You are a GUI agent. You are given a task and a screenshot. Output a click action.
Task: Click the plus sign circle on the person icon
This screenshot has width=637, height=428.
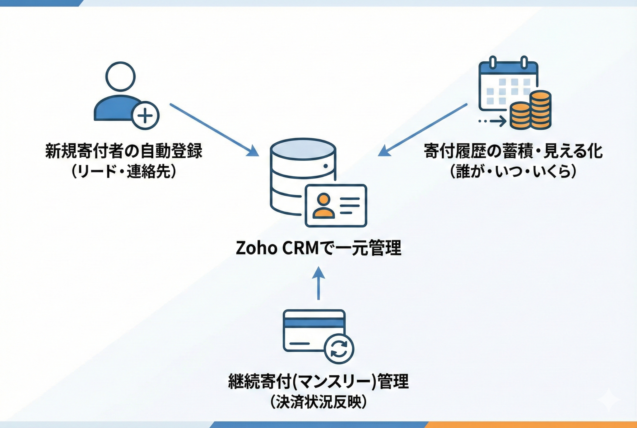145,116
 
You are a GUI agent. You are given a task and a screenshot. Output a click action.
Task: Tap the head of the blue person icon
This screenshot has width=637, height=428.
120,77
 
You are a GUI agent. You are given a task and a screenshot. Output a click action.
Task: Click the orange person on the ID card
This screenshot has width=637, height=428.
323,206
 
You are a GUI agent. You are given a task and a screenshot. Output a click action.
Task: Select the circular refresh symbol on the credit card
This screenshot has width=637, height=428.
339,349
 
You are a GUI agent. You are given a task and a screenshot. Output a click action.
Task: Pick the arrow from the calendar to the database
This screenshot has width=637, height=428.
423,129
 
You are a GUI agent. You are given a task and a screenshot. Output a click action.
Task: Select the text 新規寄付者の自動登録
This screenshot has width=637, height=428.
124,151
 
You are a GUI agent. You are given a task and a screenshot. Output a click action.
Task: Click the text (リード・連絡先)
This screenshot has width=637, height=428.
124,171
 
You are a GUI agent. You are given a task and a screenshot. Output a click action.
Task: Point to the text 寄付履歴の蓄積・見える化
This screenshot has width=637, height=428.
513,151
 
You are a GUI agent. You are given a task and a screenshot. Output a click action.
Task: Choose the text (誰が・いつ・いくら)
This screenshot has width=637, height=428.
513,171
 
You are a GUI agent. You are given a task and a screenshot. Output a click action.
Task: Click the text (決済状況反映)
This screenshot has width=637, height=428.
318,402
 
